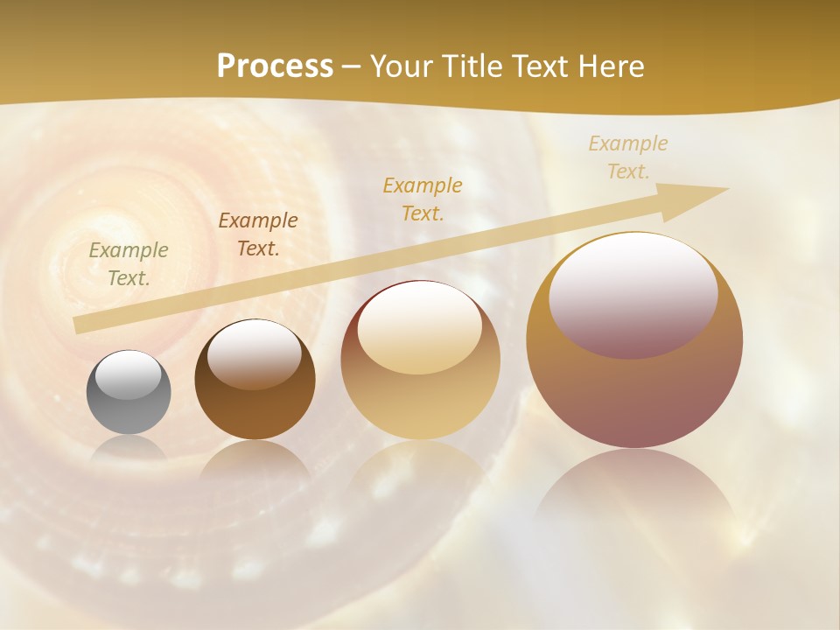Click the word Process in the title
275,66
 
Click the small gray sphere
129,392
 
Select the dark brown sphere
255,380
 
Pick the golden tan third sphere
420,360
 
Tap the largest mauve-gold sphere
634,340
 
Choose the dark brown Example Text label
258,234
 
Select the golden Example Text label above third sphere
423,199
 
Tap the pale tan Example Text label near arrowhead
628,157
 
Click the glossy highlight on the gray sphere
128,375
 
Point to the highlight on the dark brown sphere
255,353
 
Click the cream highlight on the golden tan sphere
419,327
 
